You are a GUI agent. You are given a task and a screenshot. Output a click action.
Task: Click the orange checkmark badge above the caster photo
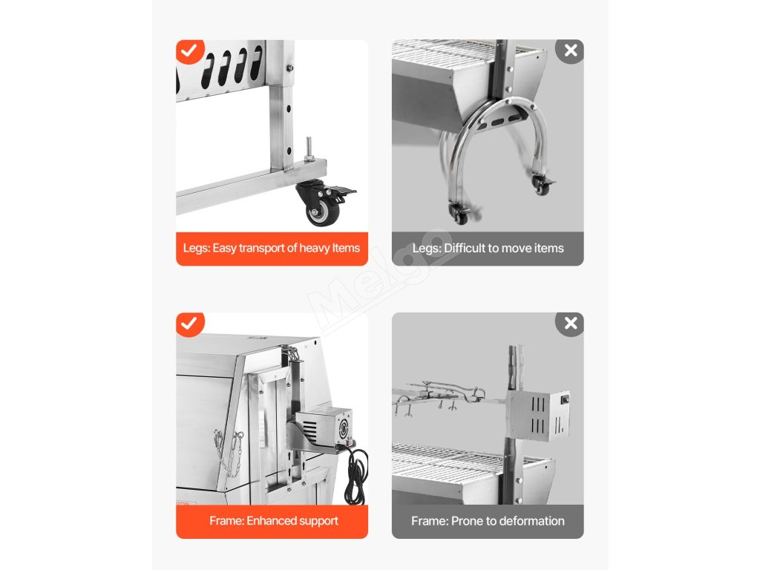190,50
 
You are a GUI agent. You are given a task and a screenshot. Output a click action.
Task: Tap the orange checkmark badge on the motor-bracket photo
190,324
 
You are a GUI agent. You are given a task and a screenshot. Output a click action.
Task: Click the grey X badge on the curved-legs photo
571,50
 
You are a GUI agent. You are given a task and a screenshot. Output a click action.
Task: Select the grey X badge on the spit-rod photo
571,324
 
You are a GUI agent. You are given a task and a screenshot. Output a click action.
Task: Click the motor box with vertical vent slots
538,415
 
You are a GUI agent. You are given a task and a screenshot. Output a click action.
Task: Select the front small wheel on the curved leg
459,214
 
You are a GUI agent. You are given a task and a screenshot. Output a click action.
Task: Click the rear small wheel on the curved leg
542,185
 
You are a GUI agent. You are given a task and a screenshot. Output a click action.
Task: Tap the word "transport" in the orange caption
261,248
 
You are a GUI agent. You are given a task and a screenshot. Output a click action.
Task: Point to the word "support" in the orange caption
318,522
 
